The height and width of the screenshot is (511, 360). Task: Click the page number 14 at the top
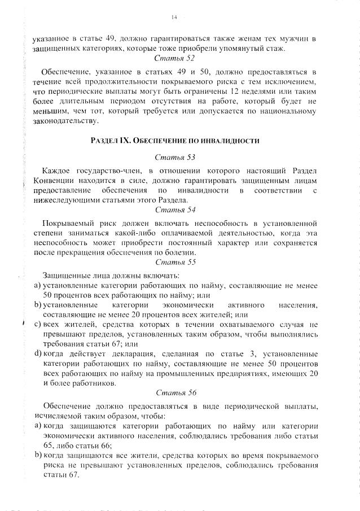coord(174,18)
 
